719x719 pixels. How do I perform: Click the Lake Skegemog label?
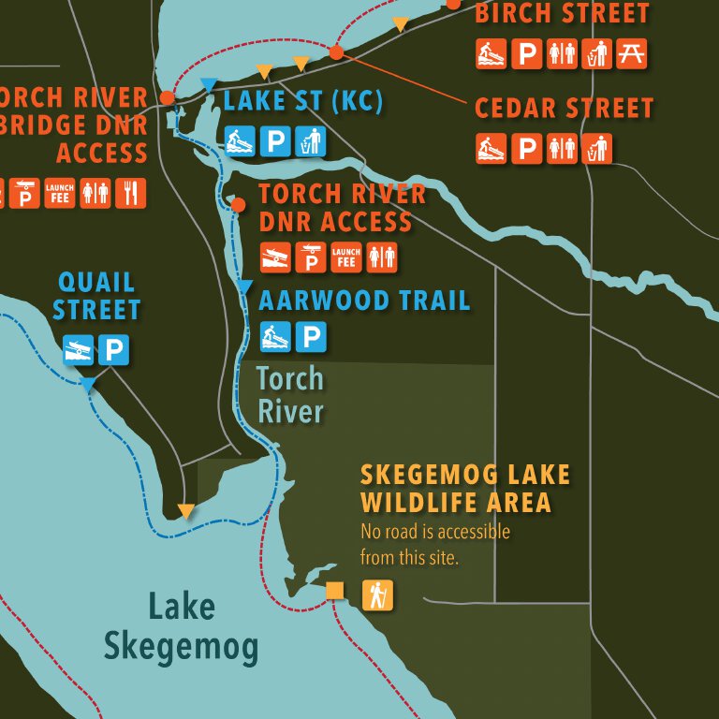click(181, 626)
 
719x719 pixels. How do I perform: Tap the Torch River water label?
click(290, 395)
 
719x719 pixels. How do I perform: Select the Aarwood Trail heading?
click(364, 301)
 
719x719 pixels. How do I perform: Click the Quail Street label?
click(96, 296)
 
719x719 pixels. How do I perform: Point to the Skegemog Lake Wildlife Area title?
click(464, 488)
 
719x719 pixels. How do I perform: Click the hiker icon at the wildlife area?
click(378, 595)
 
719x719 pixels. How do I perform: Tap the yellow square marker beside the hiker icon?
click(335, 590)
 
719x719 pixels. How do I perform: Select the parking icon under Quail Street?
click(114, 350)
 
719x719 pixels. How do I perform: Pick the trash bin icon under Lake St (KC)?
click(310, 141)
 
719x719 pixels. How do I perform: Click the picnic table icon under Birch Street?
click(632, 53)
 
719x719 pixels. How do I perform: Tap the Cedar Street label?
click(564, 109)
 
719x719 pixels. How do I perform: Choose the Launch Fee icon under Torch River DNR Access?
click(346, 257)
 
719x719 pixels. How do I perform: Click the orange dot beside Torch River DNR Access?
click(238, 204)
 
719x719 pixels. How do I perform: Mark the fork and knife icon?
click(131, 193)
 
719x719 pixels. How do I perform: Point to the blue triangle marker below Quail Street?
click(87, 384)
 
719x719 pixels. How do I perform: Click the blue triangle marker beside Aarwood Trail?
click(244, 286)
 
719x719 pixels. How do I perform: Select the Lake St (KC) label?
click(303, 102)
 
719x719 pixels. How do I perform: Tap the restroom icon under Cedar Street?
click(562, 148)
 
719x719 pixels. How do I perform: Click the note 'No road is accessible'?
click(435, 532)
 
